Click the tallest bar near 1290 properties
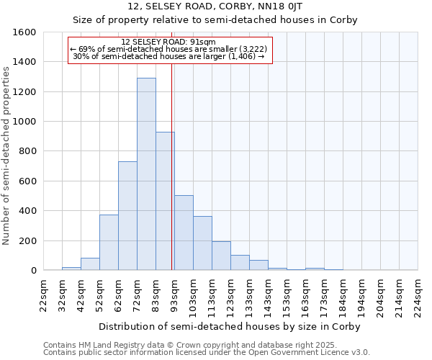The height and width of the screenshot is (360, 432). tap(146, 174)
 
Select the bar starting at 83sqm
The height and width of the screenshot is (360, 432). tap(165, 202)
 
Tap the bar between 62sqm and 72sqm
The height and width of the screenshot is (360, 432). tap(127, 216)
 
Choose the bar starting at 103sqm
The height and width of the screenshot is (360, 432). tap(202, 243)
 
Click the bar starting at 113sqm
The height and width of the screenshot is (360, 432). tap(221, 256)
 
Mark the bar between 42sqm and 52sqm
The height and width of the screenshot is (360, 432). tap(90, 264)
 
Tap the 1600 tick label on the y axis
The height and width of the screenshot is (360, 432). tap(25, 32)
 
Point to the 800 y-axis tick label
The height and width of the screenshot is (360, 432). tap(27, 151)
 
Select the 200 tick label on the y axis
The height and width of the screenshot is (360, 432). tap(27, 240)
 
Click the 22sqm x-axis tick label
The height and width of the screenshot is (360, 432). tap(43, 297)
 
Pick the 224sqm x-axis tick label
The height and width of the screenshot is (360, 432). tap(418, 297)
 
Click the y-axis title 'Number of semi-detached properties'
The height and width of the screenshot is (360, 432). tap(7, 153)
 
